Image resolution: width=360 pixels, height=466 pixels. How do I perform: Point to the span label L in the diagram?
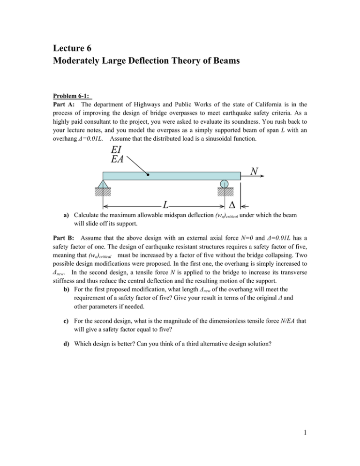point(166,205)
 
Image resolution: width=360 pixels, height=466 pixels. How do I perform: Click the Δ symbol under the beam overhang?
point(231,205)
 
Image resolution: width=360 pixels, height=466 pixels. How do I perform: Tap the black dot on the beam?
point(148,176)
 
